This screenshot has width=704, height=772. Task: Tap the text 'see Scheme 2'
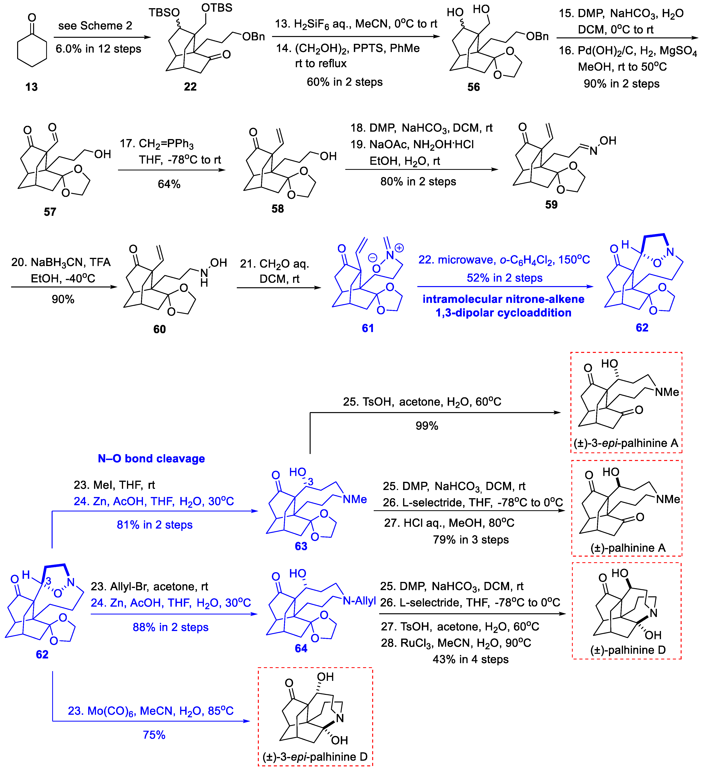click(95, 26)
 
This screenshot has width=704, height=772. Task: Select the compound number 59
click(551, 204)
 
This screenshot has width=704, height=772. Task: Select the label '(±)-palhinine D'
click(628, 650)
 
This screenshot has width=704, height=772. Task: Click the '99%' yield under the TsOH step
click(427, 426)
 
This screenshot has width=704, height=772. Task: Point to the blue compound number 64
click(301, 648)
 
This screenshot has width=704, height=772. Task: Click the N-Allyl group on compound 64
click(359, 601)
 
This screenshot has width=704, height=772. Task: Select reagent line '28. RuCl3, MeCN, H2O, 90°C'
click(456, 643)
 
